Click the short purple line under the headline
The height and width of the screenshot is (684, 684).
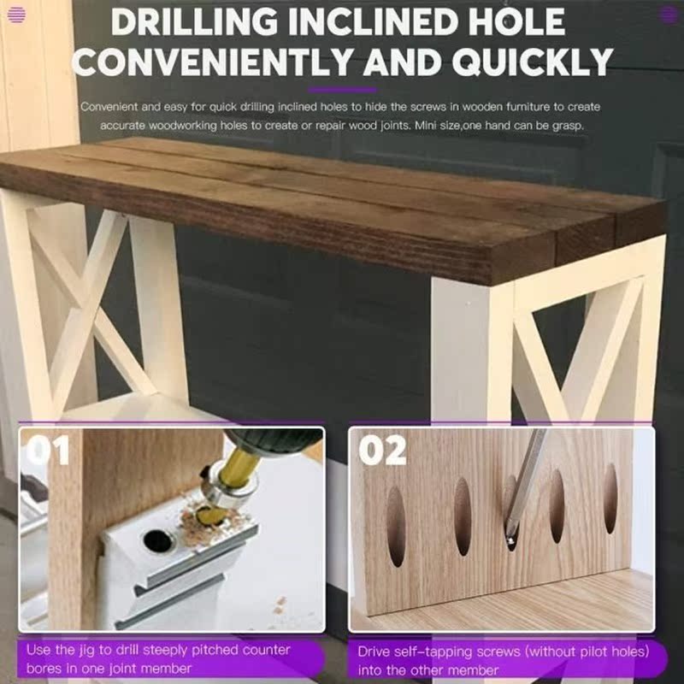[x=342, y=90]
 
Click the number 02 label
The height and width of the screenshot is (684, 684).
[x=382, y=451]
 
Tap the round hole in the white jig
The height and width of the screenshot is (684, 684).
[x=156, y=540]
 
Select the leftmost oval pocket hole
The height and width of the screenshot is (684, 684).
[x=396, y=527]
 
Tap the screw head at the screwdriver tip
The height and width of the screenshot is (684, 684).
[x=510, y=540]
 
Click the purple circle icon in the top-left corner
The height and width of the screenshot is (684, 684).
[x=16, y=14]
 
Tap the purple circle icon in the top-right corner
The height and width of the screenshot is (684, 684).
[x=668, y=14]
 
